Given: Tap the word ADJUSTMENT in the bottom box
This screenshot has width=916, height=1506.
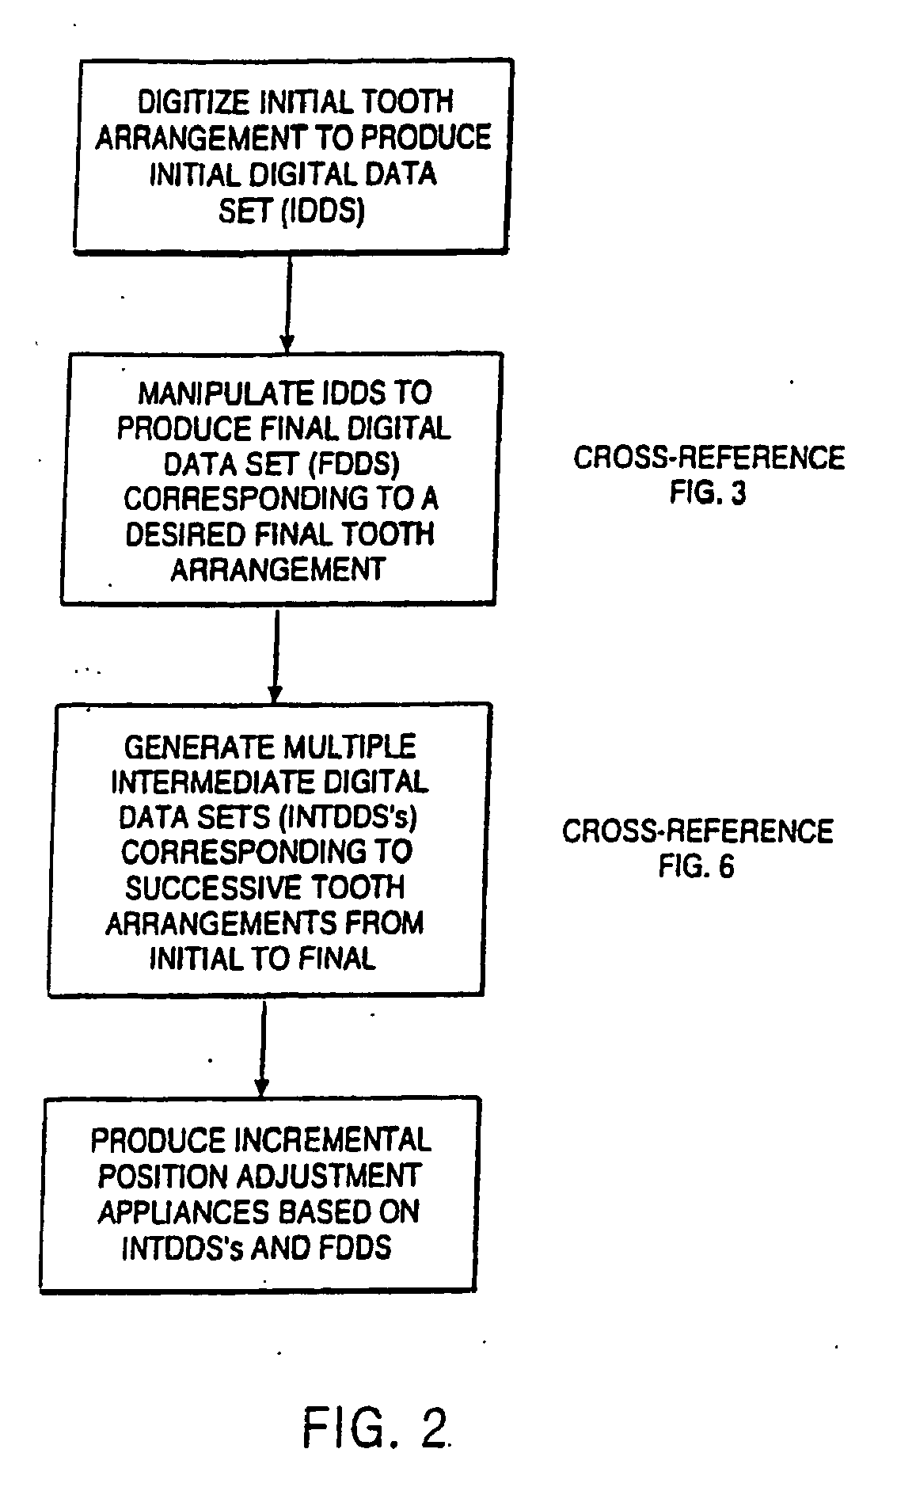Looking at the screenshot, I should (333, 1176).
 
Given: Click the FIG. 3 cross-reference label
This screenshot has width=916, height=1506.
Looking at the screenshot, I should (708, 492).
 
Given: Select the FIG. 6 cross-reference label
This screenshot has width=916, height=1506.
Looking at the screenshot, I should (697, 866).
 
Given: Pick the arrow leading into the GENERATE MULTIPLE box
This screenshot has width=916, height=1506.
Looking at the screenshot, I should (275, 653).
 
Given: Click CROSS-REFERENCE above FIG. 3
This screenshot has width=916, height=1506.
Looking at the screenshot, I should (709, 458).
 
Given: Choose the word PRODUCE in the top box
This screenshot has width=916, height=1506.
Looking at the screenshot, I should (426, 137).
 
